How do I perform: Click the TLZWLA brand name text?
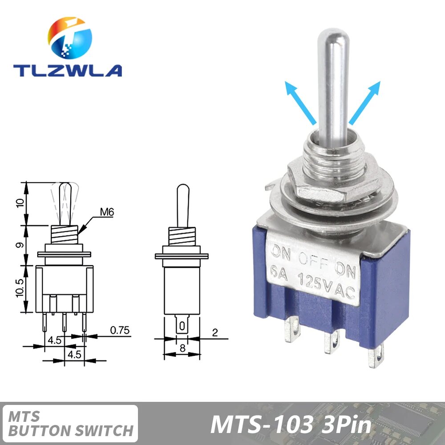(67, 70)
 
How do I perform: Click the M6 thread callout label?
(107, 212)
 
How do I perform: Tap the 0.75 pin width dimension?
(119, 330)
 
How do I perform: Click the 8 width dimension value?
(182, 348)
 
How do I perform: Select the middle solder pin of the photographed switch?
(330, 343)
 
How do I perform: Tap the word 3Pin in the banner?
(345, 425)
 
